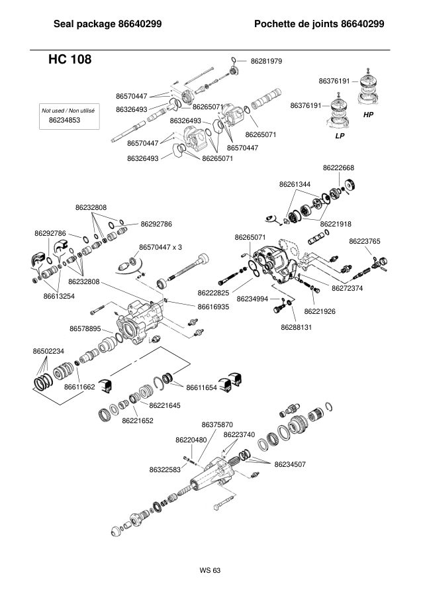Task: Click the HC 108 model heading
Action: point(70,60)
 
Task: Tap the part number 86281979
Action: point(266,61)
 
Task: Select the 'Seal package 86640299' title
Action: point(107,24)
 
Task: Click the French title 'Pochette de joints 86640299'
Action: point(319,24)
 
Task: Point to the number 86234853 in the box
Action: point(65,120)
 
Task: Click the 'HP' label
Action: point(368,115)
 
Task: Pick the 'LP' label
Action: point(340,136)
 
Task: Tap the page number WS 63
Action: point(210,570)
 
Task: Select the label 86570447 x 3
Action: point(160,247)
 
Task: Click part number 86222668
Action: point(338,168)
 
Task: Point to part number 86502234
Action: point(48,351)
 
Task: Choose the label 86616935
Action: point(214,307)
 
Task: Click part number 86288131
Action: point(297,327)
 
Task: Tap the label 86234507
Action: point(290,464)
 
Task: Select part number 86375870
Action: point(217,424)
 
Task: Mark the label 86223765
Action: point(364,241)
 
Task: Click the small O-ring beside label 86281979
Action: point(234,60)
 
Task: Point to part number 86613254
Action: point(59,296)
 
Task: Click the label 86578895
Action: point(85,328)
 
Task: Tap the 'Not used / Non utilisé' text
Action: point(68,111)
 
